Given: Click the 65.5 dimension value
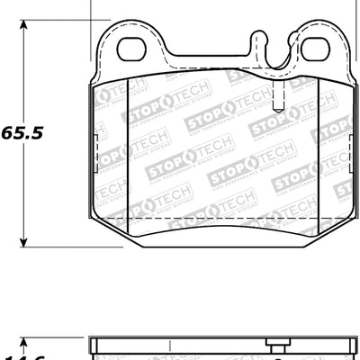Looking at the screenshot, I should pyautogui.click(x=22, y=130).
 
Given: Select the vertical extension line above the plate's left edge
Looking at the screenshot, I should pyautogui.click(x=94, y=11).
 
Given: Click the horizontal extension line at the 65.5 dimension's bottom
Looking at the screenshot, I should pyautogui.click(x=54, y=246).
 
